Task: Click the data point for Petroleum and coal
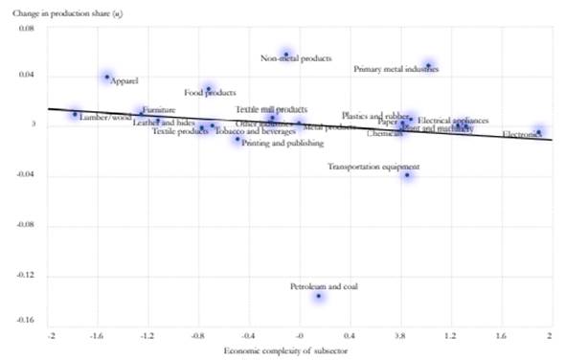[319, 296]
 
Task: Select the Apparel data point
[107, 77]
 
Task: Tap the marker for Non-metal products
[285, 54]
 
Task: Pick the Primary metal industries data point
[428, 66]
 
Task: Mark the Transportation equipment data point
[407, 175]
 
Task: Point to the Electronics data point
[539, 132]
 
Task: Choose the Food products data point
[208, 89]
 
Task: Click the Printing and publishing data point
[238, 140]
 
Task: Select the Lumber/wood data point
[75, 114]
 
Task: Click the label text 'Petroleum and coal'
[324, 285]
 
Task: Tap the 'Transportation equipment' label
[373, 166]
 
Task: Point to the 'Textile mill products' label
[271, 109]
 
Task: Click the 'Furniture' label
[158, 111]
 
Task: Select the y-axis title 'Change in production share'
[67, 11]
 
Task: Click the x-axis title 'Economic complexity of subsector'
[284, 351]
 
